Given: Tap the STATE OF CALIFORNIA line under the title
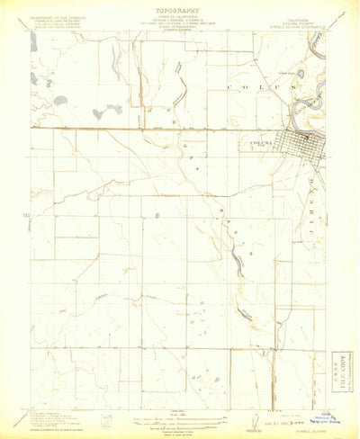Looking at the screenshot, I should pyautogui.click(x=180, y=22).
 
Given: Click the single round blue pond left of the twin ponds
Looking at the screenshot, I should pyautogui.click(x=59, y=101).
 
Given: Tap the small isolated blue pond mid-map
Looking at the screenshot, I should pyautogui.click(x=157, y=215).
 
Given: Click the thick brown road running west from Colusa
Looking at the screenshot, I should pyautogui.click(x=135, y=129).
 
